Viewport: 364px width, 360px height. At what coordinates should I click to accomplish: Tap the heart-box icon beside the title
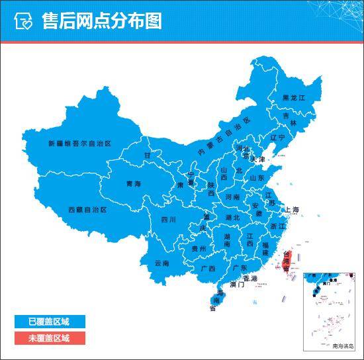(x=24, y=22)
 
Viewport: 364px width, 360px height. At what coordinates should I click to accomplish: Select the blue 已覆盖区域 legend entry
(x=48, y=322)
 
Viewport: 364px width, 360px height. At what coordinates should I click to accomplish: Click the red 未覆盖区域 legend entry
(x=48, y=337)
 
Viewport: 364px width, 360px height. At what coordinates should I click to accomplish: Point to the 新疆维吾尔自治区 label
(x=80, y=143)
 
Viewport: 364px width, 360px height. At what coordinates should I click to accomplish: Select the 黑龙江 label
(x=294, y=98)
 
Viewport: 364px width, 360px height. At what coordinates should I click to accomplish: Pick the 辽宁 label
(x=277, y=138)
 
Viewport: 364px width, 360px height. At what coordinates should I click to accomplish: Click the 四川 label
(x=168, y=220)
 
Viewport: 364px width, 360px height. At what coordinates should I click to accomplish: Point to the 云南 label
(x=162, y=263)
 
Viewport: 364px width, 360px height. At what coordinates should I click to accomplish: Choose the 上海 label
(x=292, y=210)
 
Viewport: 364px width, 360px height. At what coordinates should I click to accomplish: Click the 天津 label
(x=257, y=160)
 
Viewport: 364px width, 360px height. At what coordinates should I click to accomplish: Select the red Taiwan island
(x=287, y=262)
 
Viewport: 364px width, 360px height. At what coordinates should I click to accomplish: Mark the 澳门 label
(x=236, y=285)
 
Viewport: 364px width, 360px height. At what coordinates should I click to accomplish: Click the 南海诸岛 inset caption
(x=343, y=345)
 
